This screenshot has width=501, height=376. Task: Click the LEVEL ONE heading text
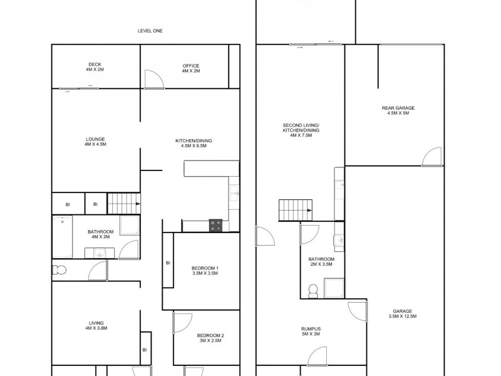tap(150, 31)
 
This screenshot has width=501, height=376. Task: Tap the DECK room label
tap(95, 68)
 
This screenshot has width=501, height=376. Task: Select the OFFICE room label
tap(191, 68)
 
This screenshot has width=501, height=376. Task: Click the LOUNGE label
tap(95, 141)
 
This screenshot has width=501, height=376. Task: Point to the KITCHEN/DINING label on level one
tap(194, 143)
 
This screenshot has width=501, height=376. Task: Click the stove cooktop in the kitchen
tap(215, 226)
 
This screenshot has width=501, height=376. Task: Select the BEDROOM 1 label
tap(204, 271)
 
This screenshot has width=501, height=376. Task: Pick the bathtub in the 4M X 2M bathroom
tap(62, 236)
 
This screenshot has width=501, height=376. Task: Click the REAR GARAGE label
tap(398, 110)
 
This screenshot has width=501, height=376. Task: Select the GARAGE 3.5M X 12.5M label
tap(401, 313)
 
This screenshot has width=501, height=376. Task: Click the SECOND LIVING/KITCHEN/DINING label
tap(301, 130)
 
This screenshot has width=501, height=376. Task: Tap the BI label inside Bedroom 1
tap(168, 263)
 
